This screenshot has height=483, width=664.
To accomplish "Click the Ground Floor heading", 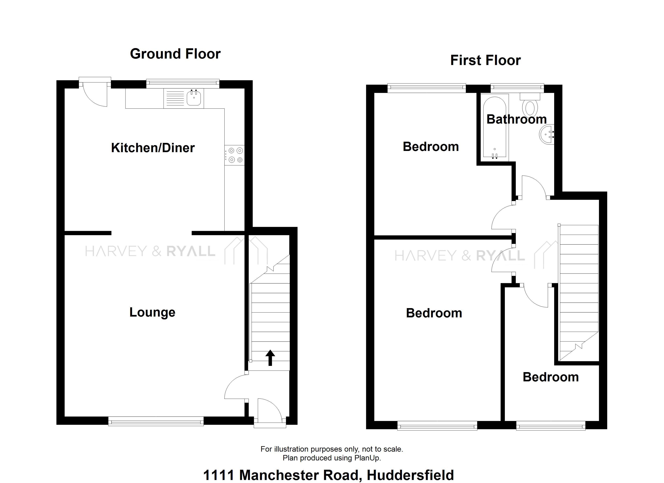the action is pos(175,54).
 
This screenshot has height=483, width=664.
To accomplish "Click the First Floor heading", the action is pos(485,60).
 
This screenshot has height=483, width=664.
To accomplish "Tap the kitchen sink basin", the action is pos(194,98).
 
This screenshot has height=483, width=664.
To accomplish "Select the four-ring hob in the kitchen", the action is pos(234,155).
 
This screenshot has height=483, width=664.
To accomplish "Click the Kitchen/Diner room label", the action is pos(153,148).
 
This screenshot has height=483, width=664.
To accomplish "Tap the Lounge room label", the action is pos(152,312).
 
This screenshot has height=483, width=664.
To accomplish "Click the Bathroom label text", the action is pos(517,119).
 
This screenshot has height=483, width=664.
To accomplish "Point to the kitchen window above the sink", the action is pos(183,84).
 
